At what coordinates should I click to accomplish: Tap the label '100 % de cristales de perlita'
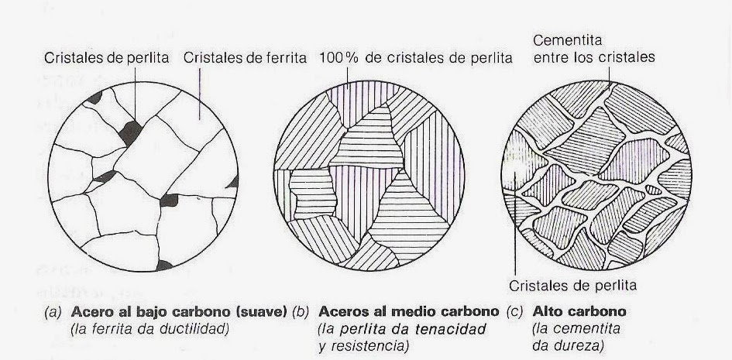415,58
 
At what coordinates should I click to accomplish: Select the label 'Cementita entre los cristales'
593,48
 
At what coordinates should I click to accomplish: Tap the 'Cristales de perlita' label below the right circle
573,284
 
